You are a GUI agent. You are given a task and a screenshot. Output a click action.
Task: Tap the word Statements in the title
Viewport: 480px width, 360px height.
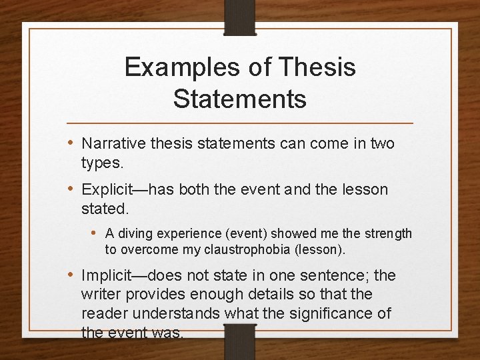tap(240, 99)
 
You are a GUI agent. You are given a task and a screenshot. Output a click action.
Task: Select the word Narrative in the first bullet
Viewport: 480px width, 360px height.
tap(113, 143)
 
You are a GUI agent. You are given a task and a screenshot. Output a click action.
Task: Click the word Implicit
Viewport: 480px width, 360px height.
tap(108, 275)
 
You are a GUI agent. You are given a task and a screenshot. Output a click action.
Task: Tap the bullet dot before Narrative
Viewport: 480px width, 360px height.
tap(71, 143)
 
